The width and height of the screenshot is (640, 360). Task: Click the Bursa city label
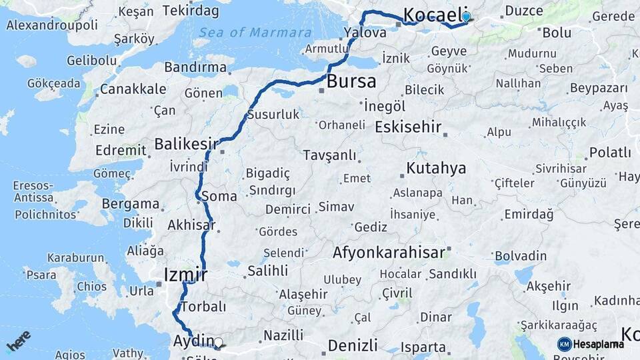coord(351,82)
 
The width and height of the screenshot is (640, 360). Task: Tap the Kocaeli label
coord(433,15)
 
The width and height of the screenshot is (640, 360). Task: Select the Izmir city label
coord(185,275)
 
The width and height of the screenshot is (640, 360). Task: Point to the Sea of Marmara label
coord(255,33)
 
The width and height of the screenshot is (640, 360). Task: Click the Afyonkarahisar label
coord(389,253)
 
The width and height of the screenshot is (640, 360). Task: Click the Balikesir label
coord(187,143)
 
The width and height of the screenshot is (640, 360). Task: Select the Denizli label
coord(353,345)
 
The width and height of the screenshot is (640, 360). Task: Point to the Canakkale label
coord(133,89)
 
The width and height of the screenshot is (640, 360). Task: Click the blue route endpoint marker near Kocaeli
coord(466,17)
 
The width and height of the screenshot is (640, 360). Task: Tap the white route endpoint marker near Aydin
coord(218,343)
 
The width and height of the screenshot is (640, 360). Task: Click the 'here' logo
coord(19,341)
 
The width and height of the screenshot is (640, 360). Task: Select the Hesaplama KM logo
coord(591,344)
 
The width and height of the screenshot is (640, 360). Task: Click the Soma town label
coord(219,197)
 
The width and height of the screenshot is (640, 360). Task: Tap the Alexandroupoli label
coord(51,25)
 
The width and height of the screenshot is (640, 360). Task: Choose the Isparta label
coord(423,347)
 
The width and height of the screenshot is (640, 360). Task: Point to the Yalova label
coord(365,32)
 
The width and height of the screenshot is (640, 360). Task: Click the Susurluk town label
coord(273,115)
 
